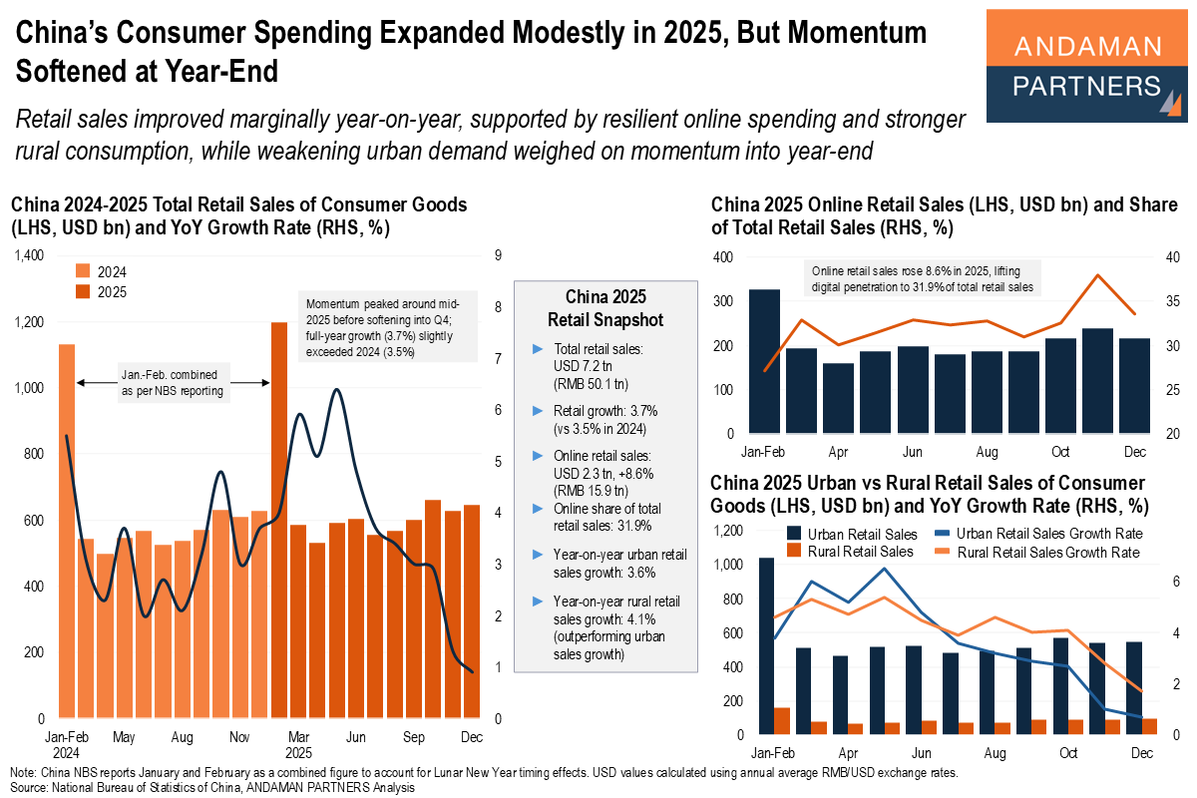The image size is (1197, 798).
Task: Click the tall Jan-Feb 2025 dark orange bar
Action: [279, 520]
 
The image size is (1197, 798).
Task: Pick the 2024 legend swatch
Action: [84, 271]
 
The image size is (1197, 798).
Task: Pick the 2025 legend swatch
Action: [84, 291]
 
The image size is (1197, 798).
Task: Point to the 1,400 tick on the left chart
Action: [29, 256]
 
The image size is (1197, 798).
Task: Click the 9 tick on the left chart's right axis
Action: [496, 256]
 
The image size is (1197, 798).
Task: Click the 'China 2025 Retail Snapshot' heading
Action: [605, 308]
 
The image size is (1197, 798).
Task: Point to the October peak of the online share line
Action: [1098, 275]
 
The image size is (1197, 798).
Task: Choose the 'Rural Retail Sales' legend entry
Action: [856, 552]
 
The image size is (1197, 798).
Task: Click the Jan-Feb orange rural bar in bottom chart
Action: [782, 721]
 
